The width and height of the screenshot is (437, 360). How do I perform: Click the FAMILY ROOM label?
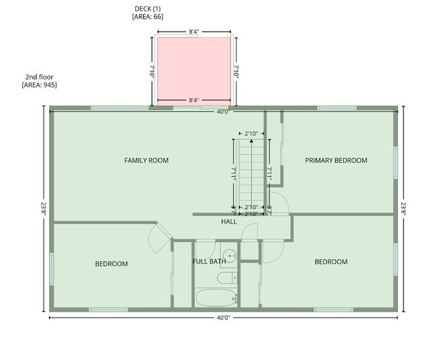point(146,160)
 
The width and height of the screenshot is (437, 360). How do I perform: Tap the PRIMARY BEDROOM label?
point(336,160)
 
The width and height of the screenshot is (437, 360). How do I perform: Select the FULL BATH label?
point(208,261)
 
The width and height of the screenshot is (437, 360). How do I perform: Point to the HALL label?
point(229,221)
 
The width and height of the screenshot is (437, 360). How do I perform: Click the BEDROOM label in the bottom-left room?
point(111,264)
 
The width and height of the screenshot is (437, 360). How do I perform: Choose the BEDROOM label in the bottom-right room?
point(331,262)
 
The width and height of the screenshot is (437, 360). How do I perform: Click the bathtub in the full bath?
point(214,297)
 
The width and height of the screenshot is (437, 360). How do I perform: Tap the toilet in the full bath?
point(229,276)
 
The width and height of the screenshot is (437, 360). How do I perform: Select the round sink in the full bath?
point(230,255)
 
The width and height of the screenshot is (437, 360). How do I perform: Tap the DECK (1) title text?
point(147,9)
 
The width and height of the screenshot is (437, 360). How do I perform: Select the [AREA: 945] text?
point(39,85)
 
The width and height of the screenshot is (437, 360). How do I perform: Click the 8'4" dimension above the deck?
point(194,31)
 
